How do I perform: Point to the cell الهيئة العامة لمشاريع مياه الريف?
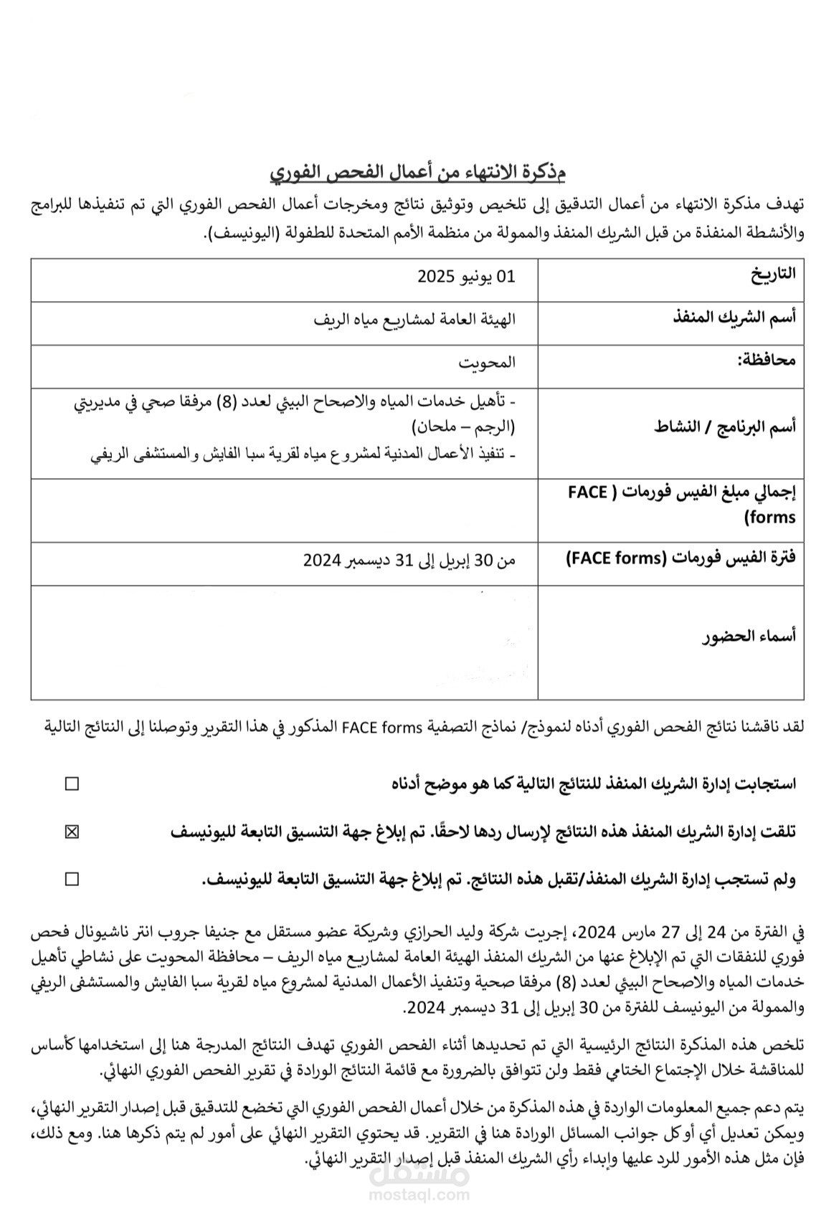coord(414,320)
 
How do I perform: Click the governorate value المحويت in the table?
coord(487,362)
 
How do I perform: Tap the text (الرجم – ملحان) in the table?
coord(463,428)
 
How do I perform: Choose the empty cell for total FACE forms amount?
coord(285,510)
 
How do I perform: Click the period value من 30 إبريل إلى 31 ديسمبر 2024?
coord(409,561)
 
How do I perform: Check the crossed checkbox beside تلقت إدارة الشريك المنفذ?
coord(72,832)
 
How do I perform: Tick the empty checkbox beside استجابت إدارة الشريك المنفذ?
coord(72,784)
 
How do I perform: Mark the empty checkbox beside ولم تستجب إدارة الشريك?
coord(72,879)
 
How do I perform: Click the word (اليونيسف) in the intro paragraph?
coord(241,234)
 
